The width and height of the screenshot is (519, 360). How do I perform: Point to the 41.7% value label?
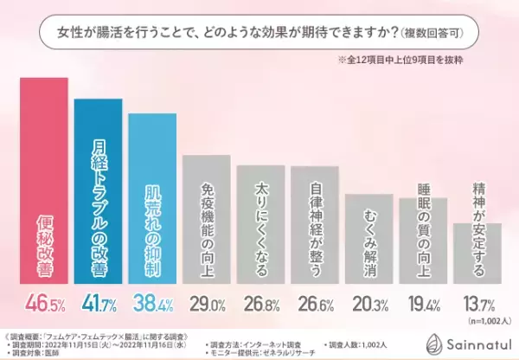click(98, 305)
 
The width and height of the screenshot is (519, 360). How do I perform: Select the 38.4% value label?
click(152, 305)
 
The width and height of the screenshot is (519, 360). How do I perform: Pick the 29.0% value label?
click(206, 305)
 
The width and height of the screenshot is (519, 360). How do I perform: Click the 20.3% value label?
click(368, 305)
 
